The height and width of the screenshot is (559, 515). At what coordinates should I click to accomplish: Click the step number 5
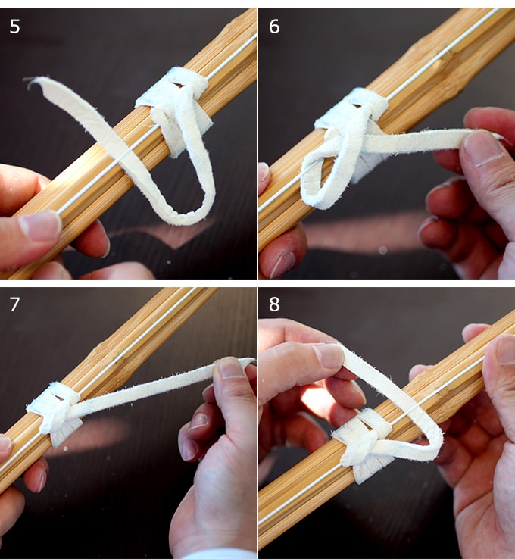14,27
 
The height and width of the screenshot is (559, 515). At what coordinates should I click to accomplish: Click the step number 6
274,27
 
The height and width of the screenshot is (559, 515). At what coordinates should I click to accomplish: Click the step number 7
14,304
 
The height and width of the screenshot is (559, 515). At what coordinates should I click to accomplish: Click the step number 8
274,304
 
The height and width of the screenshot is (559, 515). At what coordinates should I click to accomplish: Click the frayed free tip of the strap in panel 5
30,81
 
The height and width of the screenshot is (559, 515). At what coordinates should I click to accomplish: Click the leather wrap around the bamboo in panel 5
173,107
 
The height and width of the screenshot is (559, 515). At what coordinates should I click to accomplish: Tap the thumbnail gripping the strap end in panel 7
231,368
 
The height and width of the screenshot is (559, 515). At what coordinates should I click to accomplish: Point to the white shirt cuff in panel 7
221,554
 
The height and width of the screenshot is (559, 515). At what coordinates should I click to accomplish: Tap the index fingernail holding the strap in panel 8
329,355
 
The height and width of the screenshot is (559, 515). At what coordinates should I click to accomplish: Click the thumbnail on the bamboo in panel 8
506,349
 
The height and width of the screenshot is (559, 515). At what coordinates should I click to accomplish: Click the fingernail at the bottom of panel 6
283,264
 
